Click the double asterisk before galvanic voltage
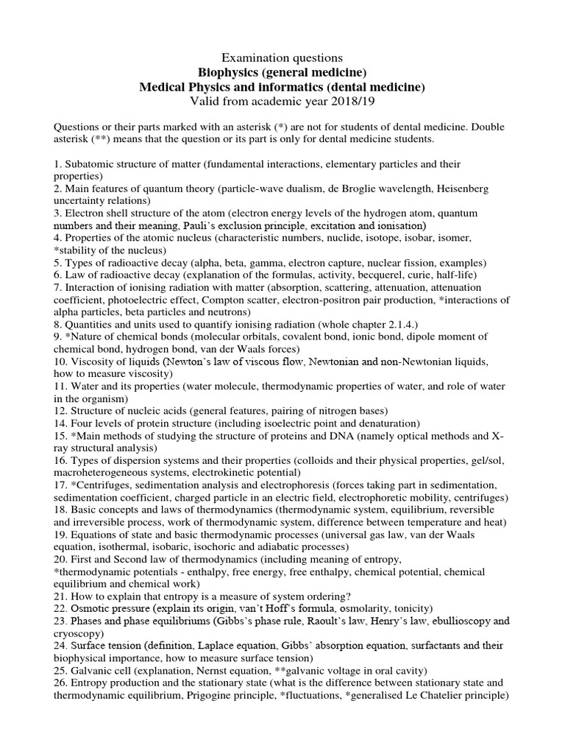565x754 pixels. tap(297, 671)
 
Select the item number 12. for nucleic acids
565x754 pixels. tap(61, 411)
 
